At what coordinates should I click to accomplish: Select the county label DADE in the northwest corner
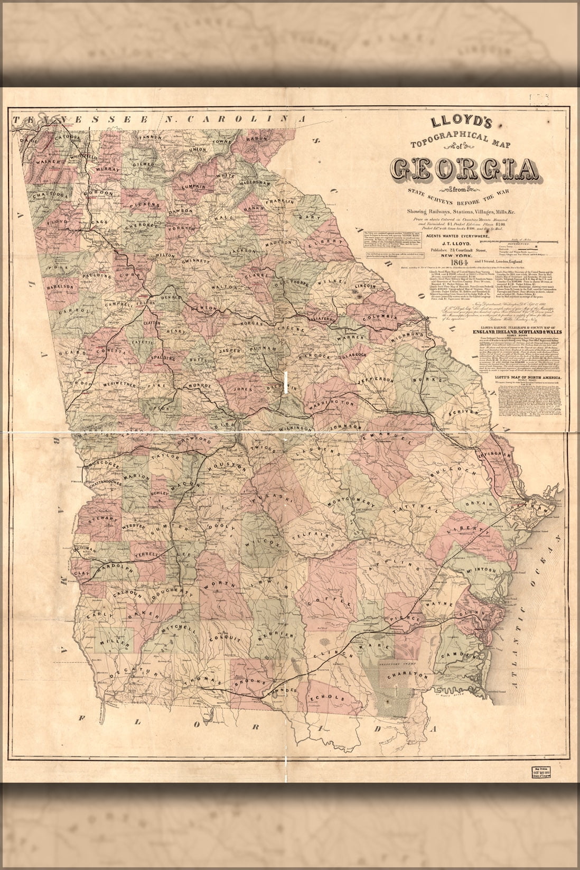(25, 141)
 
